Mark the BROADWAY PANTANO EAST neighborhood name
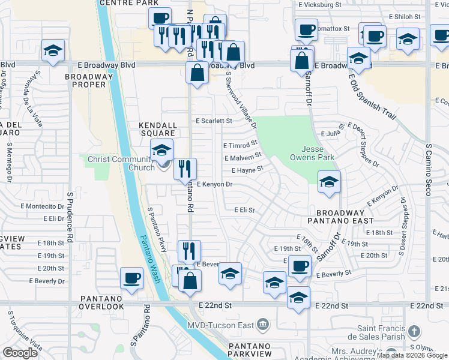(340, 217)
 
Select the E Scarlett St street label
(214, 121)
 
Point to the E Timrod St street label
(240, 145)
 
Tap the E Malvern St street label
(243, 157)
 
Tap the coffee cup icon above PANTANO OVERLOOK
(132, 277)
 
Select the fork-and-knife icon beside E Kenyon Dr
(185, 169)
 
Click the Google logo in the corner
(20, 353)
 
